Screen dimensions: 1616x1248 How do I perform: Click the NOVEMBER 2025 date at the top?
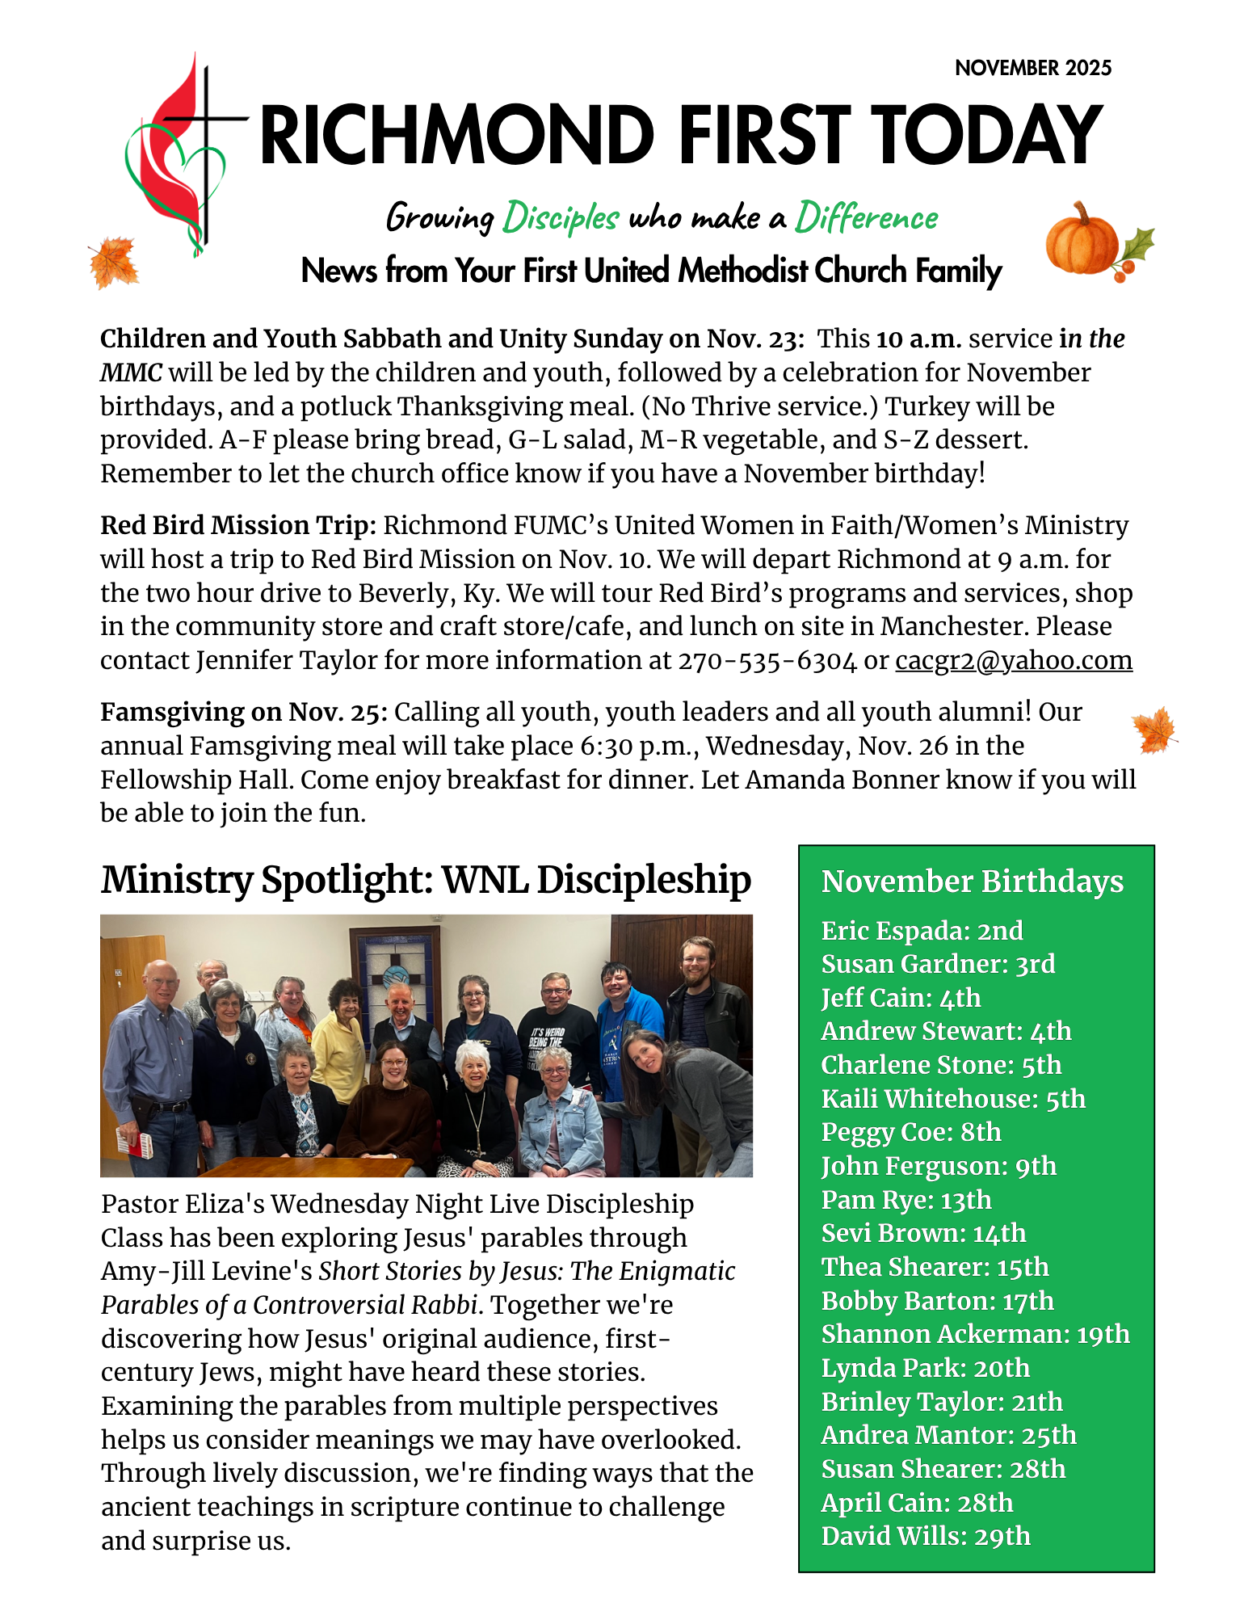[1032, 68]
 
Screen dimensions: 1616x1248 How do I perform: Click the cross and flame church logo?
[183, 154]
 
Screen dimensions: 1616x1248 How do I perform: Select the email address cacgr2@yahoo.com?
[1013, 660]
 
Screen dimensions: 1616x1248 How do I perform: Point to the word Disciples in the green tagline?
[561, 217]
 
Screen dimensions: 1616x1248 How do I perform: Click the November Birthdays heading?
[972, 881]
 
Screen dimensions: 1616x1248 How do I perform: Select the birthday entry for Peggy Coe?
[910, 1132]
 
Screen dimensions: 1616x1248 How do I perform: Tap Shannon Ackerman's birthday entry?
[975, 1334]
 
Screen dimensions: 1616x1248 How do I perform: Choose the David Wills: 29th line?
[926, 1536]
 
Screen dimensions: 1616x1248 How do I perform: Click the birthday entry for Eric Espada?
[922, 931]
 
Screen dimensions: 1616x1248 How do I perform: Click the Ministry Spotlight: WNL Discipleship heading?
[426, 880]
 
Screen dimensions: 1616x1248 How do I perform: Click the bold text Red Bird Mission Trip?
[238, 525]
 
